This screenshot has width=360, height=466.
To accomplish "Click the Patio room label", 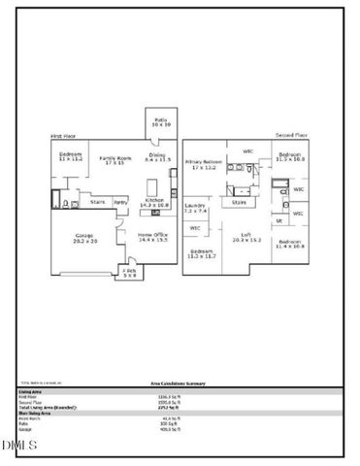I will pos(161,123).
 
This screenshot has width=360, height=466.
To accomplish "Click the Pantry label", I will pos(121,202).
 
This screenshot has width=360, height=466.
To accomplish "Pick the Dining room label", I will pos(156,156).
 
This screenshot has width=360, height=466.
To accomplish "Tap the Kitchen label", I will pos(155,203).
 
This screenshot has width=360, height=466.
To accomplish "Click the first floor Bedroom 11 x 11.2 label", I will pos(70,157).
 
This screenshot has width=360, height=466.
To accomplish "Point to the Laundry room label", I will pos(194,208).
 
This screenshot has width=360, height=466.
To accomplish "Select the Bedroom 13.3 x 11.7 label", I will pos(202,254).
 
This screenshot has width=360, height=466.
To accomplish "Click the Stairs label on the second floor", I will pos(239,202).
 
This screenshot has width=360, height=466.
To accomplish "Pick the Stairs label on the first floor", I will pos(98,202).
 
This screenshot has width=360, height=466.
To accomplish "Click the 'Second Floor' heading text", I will pos(290,135).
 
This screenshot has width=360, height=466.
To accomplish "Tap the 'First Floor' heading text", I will pos(63,136).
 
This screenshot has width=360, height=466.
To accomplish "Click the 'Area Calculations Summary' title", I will pos(180,385).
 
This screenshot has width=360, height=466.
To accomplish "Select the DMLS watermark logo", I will pos(18,446).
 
